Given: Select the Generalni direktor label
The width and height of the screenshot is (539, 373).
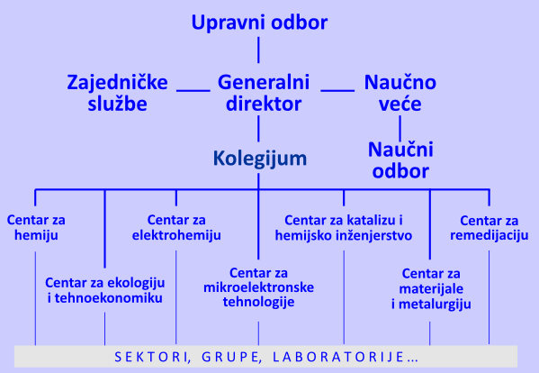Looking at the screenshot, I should click(x=263, y=94).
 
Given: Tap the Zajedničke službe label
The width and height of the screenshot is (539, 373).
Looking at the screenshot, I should click(x=118, y=94).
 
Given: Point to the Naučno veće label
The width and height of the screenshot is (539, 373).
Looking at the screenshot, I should click(x=400, y=94).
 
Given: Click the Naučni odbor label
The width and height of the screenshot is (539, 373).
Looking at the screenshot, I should click(x=400, y=159).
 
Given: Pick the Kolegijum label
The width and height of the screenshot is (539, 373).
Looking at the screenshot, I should click(x=260, y=159).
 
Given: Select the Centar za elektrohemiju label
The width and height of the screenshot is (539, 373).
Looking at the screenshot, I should click(x=177, y=228).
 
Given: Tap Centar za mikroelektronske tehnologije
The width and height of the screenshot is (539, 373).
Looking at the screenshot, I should click(x=257, y=287).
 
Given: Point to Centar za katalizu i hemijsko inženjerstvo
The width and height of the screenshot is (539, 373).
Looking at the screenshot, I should click(x=345, y=228).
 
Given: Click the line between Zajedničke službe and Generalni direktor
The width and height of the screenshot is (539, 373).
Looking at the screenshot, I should click(x=193, y=89).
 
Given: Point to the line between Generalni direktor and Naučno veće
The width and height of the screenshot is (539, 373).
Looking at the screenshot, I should click(x=337, y=89).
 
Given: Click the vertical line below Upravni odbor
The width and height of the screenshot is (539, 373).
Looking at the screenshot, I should click(x=258, y=50).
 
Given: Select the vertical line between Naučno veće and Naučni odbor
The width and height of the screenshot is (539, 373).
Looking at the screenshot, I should click(x=400, y=126).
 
